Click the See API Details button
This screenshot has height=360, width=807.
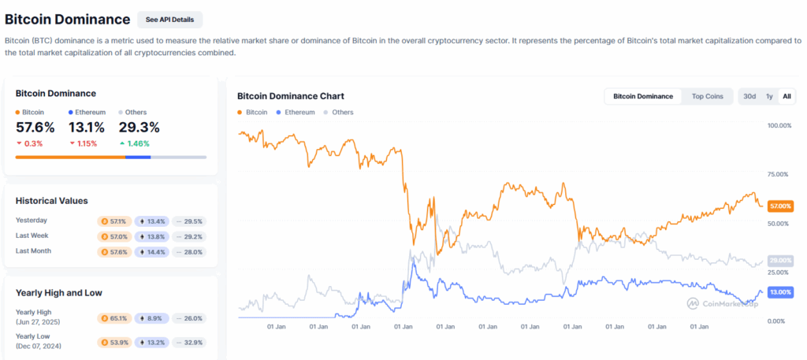click(169, 20)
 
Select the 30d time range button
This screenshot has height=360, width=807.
click(749, 96)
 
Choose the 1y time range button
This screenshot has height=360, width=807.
click(769, 96)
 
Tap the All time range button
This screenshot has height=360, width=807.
click(786, 96)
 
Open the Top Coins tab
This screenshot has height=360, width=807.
click(707, 96)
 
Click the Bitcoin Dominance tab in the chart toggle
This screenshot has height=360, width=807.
click(643, 96)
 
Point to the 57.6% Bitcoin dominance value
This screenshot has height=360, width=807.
click(35, 127)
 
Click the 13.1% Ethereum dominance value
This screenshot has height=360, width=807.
click(87, 127)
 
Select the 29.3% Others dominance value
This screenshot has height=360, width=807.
click(139, 127)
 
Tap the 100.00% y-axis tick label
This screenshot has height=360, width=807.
click(779, 125)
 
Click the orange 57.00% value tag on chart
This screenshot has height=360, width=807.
click(779, 205)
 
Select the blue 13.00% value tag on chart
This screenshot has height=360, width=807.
click(779, 292)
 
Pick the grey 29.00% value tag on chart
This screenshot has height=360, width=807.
click(779, 261)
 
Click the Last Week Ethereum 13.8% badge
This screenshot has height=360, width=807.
click(151, 236)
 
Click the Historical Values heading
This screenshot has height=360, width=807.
click(52, 201)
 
